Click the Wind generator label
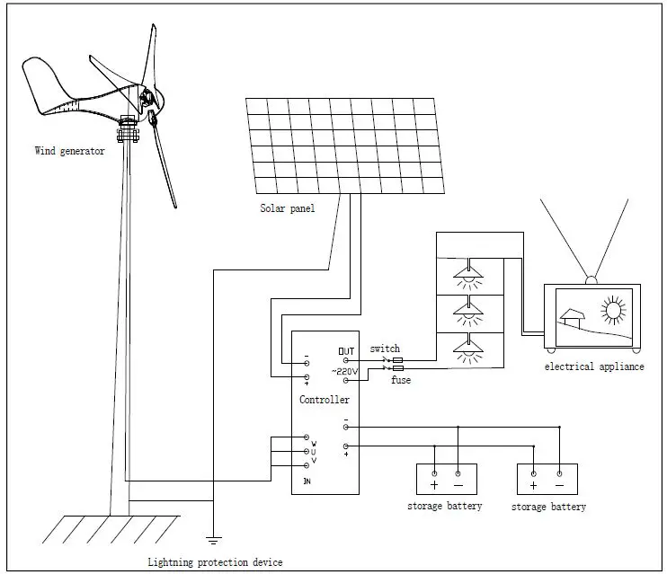(x=69, y=151)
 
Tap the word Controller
(x=324, y=399)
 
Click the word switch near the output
(x=385, y=349)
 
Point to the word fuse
(x=401, y=380)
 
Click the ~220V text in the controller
(x=345, y=371)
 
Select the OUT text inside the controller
(x=346, y=350)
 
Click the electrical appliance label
(x=594, y=366)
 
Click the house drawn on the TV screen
(x=574, y=318)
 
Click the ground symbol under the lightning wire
(x=213, y=539)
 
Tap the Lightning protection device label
(x=215, y=562)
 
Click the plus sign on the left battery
(x=434, y=485)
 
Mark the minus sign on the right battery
(x=559, y=485)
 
